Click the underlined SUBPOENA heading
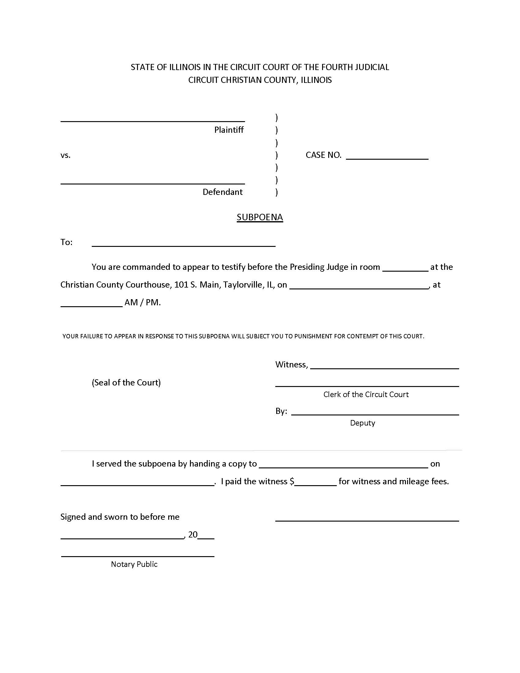pos(260,217)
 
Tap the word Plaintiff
pos(228,130)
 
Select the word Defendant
pos(222,192)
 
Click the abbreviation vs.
pos(65,155)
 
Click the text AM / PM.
pos(142,303)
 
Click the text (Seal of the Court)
pos(126,382)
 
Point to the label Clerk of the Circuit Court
pos(366,394)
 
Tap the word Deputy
pos(362,423)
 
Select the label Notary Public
pos(134,564)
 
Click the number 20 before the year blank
pos(193,535)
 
